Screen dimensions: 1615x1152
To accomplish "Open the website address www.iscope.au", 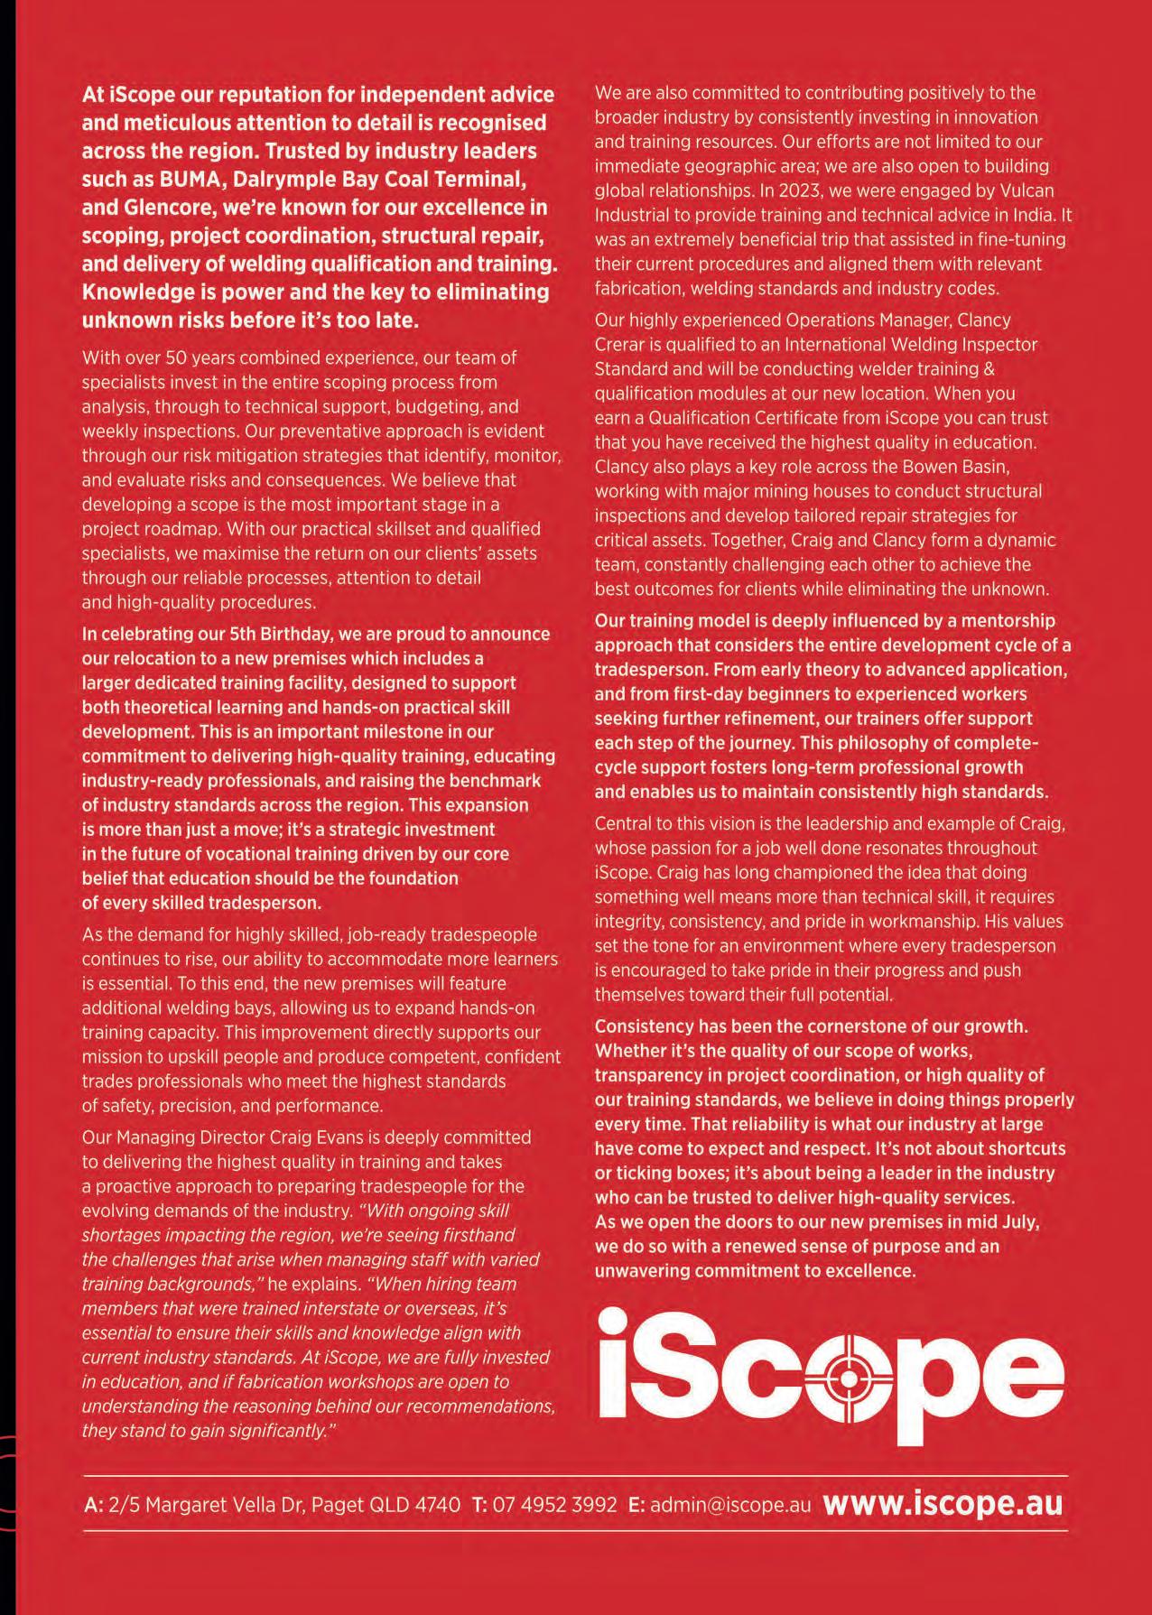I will coord(943,1504).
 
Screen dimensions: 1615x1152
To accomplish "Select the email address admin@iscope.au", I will coord(730,1505).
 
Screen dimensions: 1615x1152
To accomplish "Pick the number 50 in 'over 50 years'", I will coord(183,357).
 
